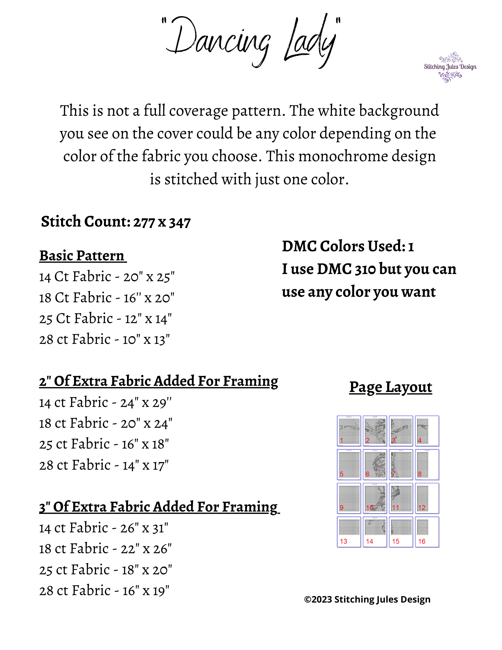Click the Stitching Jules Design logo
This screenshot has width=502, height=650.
(450, 67)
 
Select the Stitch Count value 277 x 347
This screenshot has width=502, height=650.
(162, 223)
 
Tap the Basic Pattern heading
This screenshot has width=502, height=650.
(82, 256)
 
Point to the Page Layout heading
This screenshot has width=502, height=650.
(391, 387)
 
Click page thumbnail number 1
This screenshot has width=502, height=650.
(349, 431)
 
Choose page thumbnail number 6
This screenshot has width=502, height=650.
(375, 464)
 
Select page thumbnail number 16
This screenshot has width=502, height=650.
(427, 532)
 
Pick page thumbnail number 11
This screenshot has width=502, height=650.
(401, 498)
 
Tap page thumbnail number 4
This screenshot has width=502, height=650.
(427, 431)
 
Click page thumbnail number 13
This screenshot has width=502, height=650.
(349, 532)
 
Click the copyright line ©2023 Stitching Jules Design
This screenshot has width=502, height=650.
(367, 599)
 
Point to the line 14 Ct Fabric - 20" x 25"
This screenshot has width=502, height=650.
(107, 277)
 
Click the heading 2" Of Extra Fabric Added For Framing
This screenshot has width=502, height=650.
(159, 381)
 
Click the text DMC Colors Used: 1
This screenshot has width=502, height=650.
(348, 246)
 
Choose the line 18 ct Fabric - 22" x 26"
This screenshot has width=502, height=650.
(105, 549)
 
